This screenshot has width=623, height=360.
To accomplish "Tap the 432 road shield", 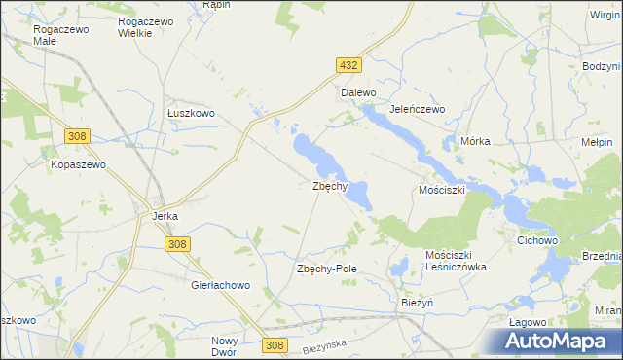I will [349, 65].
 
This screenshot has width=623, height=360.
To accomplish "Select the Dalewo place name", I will [357, 93].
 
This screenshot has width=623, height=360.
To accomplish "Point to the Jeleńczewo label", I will [417, 110].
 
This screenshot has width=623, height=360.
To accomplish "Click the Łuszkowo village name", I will [190, 114].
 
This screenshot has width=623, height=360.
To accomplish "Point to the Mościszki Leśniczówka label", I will [455, 260].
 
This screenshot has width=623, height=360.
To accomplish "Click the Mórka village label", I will [475, 141].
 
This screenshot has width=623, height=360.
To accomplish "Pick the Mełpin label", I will [597, 142].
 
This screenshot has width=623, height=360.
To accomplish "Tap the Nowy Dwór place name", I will [225, 346].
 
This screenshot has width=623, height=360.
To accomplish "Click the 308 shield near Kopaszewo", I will [79, 137].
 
